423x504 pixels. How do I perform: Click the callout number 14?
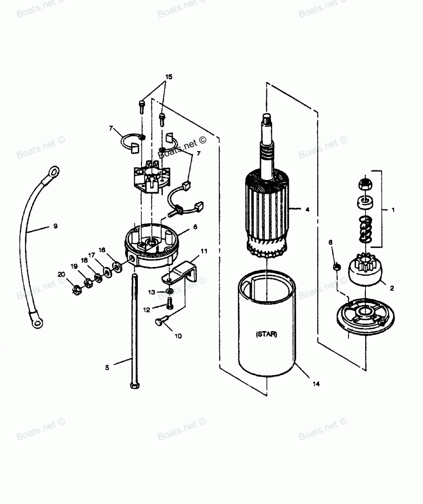click(316, 384)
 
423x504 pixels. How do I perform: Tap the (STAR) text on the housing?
click(266, 323)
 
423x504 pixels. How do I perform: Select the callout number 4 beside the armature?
click(307, 209)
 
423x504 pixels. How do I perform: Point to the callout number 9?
click(55, 226)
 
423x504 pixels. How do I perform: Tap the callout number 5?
click(107, 368)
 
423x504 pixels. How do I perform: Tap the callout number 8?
click(331, 242)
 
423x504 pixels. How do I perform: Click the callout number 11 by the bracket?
click(204, 251)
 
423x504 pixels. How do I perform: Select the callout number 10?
click(178, 336)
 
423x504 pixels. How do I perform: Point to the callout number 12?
click(146, 310)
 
